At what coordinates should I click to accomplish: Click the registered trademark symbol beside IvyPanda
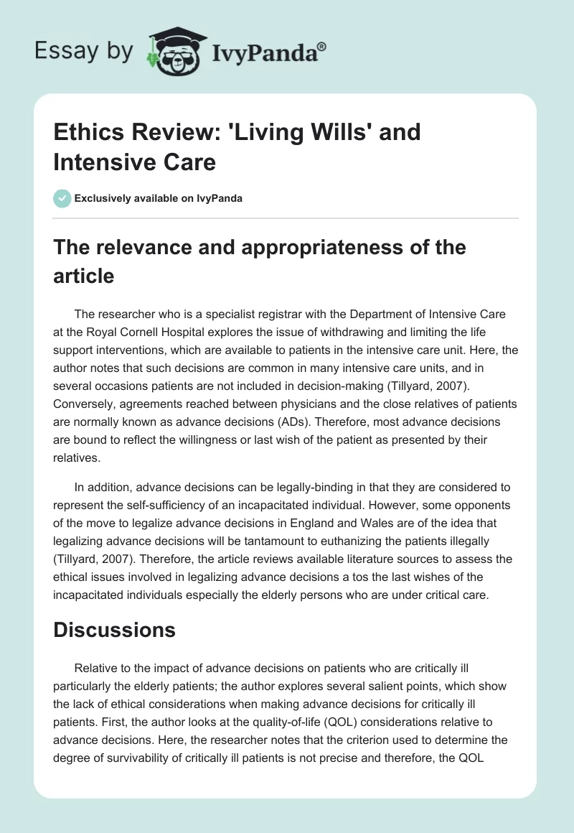[322, 47]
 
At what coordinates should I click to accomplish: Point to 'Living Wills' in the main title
[309, 133]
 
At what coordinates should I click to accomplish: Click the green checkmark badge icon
[62, 198]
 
